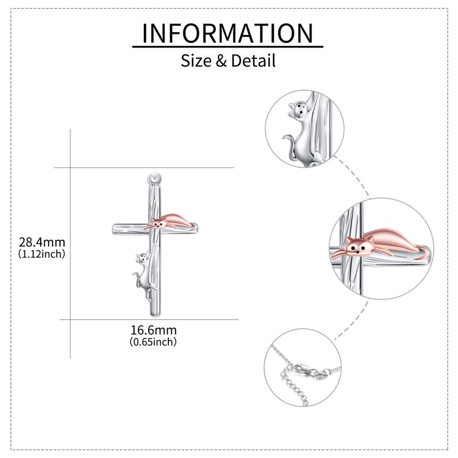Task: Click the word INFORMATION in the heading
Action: [x=228, y=33]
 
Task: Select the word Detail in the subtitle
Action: [x=254, y=60]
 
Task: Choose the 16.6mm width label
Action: [x=153, y=330]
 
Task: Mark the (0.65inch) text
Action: [x=153, y=342]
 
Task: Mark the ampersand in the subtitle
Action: [x=222, y=60]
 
